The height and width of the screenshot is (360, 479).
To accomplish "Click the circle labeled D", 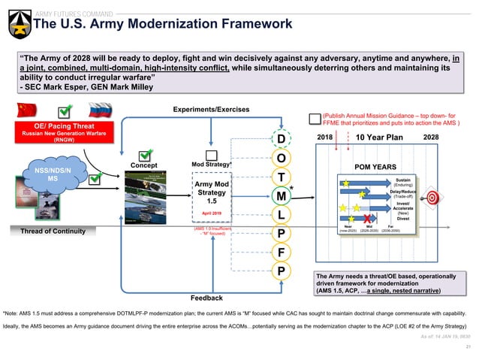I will (280, 139).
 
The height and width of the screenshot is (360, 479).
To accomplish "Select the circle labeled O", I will (280, 159).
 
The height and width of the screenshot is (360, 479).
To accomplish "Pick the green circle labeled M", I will (280, 195).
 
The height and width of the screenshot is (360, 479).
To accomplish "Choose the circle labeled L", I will (280, 215).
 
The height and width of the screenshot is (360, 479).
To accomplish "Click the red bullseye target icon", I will (432, 198).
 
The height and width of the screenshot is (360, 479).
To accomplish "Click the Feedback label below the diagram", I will (206, 298).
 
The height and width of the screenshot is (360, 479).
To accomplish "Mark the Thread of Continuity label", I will (53, 231).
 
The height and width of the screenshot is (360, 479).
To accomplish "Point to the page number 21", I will (467, 346).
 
